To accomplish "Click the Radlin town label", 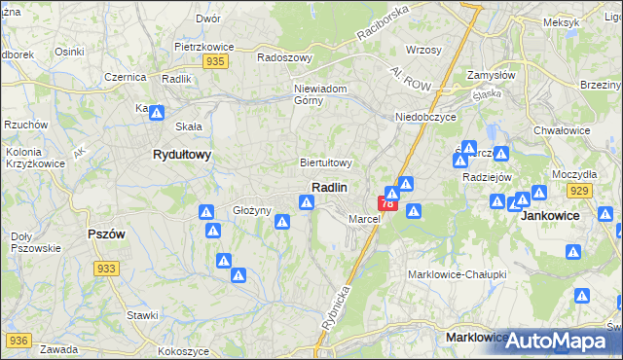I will coord(330,186).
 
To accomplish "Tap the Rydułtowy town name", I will coord(182,154).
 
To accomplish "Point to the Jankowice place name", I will coord(550,215).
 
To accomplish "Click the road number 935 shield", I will coord(216,61).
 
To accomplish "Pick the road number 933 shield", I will coord(107,269).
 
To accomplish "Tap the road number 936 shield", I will coord(18,340).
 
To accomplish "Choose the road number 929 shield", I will coord(580,191).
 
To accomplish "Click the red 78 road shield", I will coord(387,203).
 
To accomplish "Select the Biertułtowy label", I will coord(325,162).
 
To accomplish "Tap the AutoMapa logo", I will coord(555,341).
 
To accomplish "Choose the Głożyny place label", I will coord(250,210).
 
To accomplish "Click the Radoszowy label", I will coord(283,56).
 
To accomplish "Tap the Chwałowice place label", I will coord(564,128).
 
